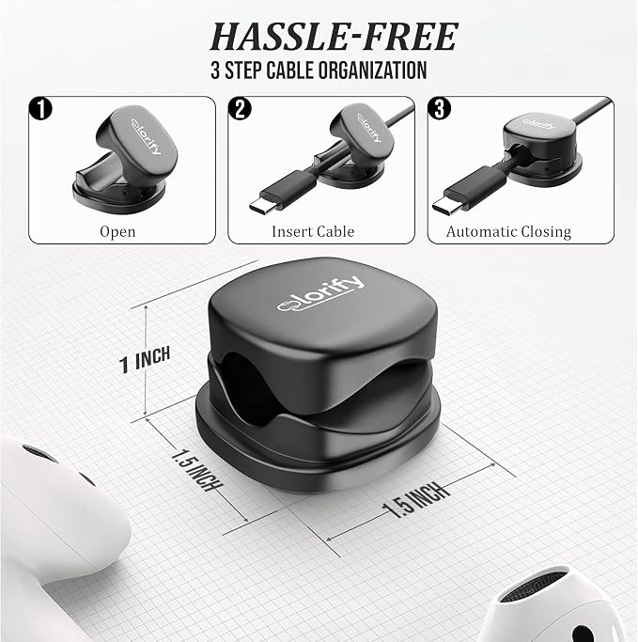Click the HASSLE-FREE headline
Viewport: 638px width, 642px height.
pos(334,37)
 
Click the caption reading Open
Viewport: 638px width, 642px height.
pos(117,232)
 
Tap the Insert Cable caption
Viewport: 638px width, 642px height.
pos(313,231)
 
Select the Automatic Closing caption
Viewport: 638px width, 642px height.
pos(508,232)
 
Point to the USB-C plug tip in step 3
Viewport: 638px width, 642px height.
pos(445,206)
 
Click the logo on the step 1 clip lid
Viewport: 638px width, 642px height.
pos(146,136)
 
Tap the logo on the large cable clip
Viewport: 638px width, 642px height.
pos(320,293)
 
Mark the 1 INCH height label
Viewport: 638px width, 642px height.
pos(145,359)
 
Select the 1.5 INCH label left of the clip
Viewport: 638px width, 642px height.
pos(196,470)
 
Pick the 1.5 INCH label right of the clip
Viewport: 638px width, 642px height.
pos(416,500)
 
